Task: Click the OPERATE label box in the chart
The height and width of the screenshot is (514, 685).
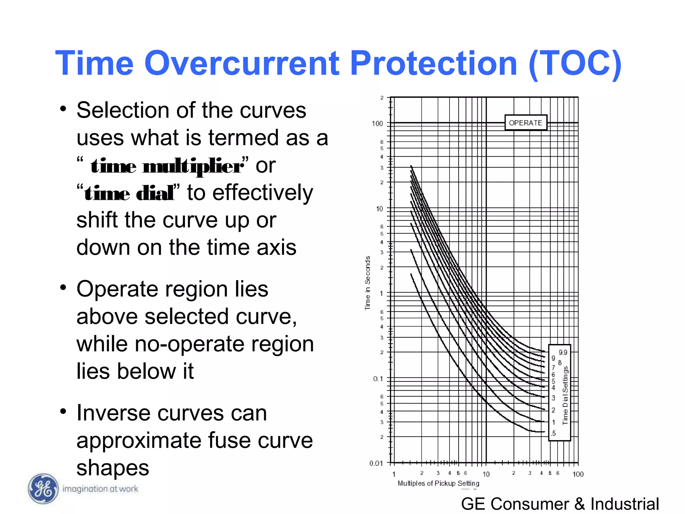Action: [x=525, y=123]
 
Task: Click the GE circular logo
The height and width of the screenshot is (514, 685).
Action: [x=43, y=489]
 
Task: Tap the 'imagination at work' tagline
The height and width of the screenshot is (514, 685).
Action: [x=100, y=489]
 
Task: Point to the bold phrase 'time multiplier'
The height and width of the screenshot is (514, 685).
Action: [x=167, y=166]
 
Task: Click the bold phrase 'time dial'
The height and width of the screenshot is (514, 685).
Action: [x=129, y=194]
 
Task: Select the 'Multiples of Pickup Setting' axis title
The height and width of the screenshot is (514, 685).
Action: [x=438, y=483]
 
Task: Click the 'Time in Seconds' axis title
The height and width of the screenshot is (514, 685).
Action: [x=368, y=283]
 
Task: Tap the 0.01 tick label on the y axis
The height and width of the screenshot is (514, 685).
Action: [x=376, y=463]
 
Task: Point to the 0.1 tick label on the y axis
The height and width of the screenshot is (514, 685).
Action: [x=378, y=378]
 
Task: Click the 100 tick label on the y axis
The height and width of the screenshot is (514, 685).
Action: [x=377, y=123]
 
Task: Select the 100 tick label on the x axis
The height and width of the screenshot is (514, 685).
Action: [x=578, y=474]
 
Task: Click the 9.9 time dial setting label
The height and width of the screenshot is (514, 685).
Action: [x=563, y=352]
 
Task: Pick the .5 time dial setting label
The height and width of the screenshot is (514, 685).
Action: [x=553, y=433]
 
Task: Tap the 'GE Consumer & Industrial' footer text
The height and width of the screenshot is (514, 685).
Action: [x=560, y=504]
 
